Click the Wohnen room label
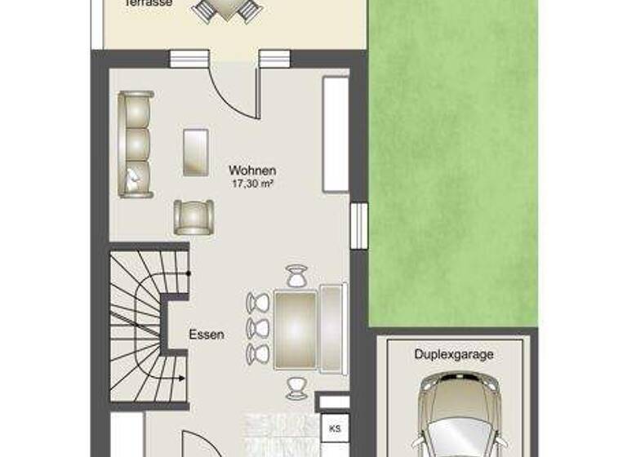click(x=252, y=171)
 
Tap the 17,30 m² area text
click(x=252, y=184)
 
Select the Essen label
click(x=206, y=334)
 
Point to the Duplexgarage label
click(x=455, y=355)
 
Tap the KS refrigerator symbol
click(x=334, y=428)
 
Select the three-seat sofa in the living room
click(x=136, y=144)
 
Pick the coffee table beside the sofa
click(x=195, y=152)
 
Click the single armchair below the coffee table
click(x=193, y=217)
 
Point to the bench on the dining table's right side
click(x=333, y=326)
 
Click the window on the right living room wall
click(x=358, y=223)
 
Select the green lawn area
click(x=453, y=163)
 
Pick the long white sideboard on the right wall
click(x=336, y=135)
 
